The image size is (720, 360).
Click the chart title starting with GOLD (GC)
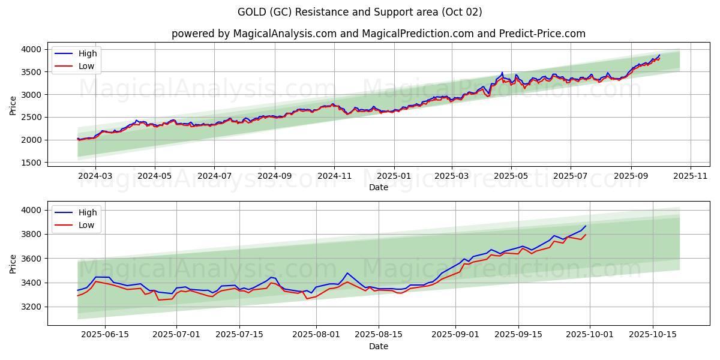(x=359, y=12)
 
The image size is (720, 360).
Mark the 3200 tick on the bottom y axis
(x=32, y=307)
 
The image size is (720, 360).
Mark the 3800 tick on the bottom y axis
(x=32, y=234)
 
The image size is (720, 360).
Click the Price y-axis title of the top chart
(x=13, y=105)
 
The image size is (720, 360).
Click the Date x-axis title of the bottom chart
(x=378, y=347)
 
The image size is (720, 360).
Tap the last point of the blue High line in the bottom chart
(x=586, y=226)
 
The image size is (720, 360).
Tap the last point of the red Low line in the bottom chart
(x=586, y=235)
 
